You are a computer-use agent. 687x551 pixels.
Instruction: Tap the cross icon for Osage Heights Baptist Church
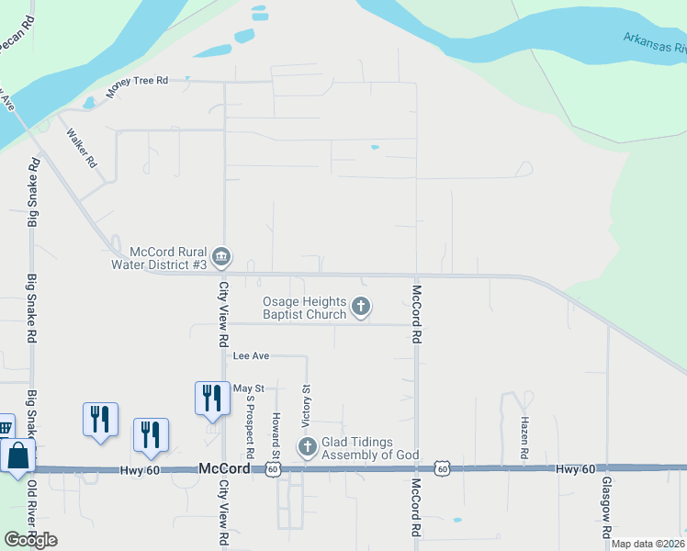pyautogui.click(x=361, y=307)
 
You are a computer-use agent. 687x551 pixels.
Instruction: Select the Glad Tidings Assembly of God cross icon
pyautogui.click(x=307, y=447)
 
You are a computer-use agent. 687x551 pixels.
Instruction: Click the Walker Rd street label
pyautogui.click(x=82, y=146)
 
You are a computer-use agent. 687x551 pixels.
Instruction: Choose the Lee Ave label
pyautogui.click(x=251, y=355)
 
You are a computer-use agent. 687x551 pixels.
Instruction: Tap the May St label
pyautogui.click(x=248, y=389)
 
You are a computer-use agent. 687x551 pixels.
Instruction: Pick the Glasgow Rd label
pyautogui.click(x=607, y=508)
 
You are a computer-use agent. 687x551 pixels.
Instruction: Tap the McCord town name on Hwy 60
pyautogui.click(x=225, y=468)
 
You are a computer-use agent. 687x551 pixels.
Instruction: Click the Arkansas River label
pyautogui.click(x=654, y=42)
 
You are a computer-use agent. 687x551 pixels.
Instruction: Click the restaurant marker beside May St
pyautogui.click(x=211, y=397)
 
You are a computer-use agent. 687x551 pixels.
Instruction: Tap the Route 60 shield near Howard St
pyautogui.click(x=273, y=469)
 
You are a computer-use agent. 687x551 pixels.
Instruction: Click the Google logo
pyautogui.click(x=30, y=540)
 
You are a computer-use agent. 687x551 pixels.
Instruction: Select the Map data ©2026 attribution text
pyautogui.click(x=647, y=544)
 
